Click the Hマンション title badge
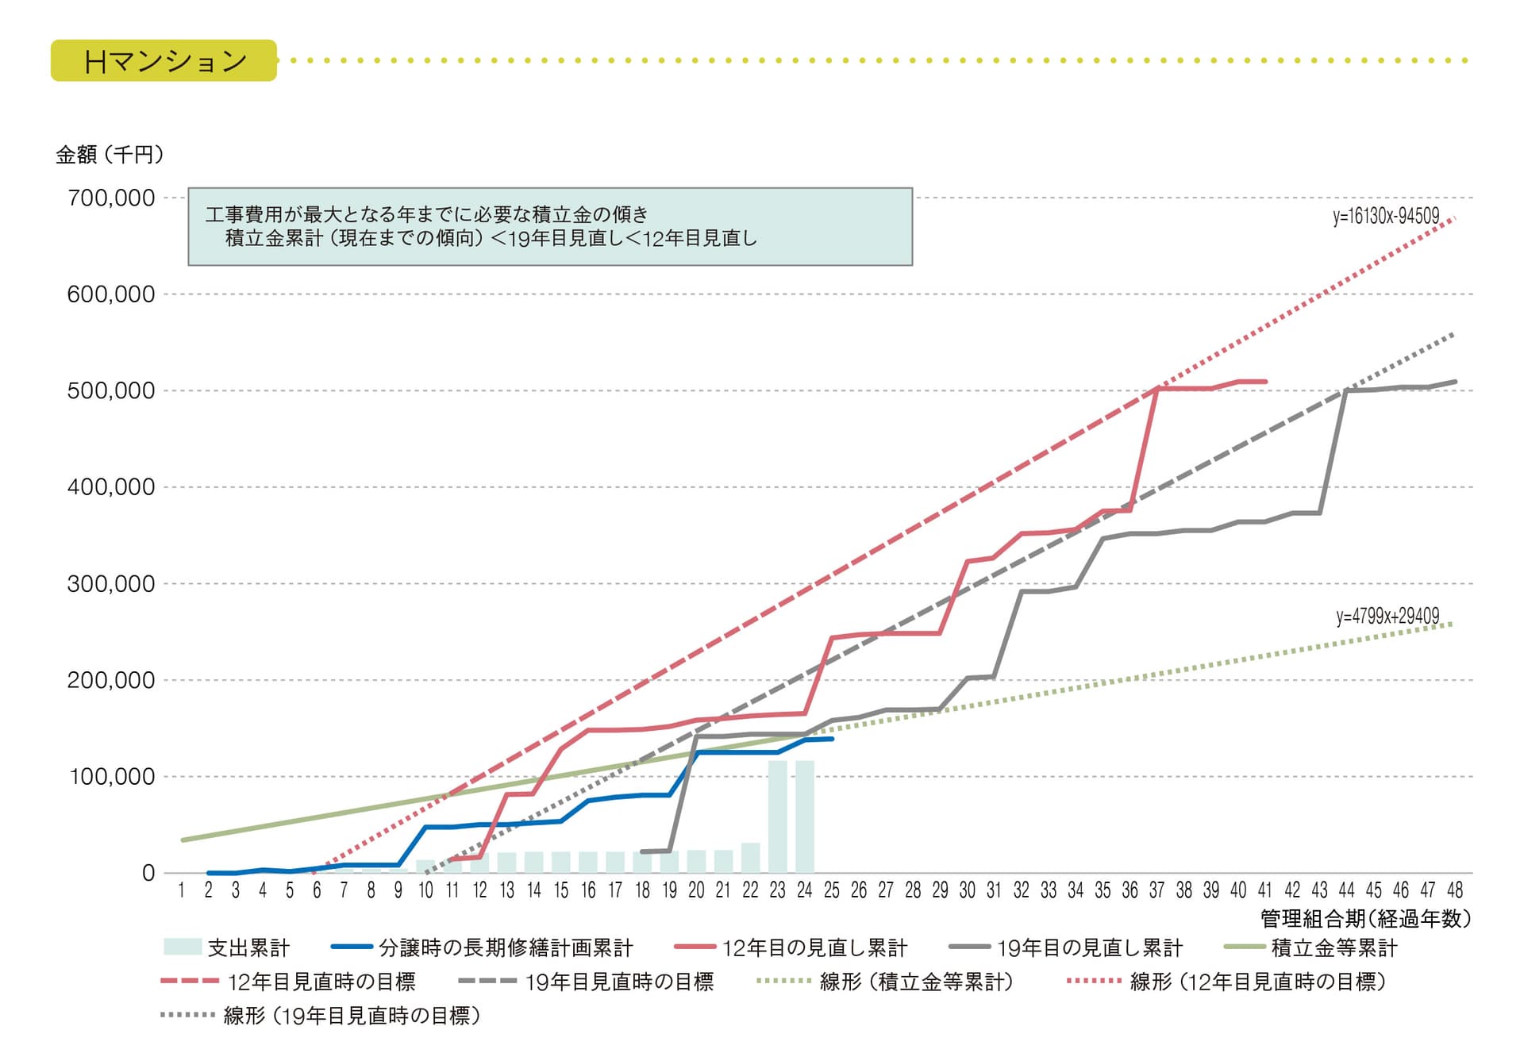(x=164, y=61)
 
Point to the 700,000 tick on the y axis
(x=111, y=198)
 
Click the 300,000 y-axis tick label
(x=111, y=585)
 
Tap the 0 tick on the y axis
(x=148, y=874)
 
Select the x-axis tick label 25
(x=831, y=891)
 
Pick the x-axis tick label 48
(x=1454, y=891)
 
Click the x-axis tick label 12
(x=479, y=891)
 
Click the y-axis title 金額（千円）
(x=110, y=155)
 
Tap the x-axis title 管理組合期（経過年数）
(x=1365, y=919)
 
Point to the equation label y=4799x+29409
(x=1387, y=617)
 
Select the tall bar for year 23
(x=777, y=817)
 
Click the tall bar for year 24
(x=805, y=817)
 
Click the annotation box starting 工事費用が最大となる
(x=549, y=227)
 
